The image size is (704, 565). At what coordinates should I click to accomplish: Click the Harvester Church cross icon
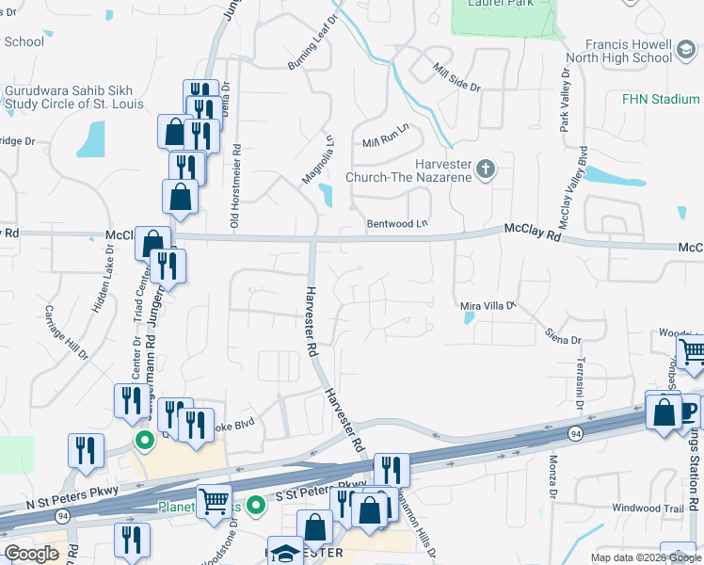coord(486,169)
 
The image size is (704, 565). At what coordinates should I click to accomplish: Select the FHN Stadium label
coord(661,99)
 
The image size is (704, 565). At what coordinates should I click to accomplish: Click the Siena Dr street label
coord(564,335)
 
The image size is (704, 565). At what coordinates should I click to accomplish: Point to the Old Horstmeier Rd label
coord(236,186)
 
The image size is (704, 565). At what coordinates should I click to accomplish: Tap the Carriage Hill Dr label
coord(65,331)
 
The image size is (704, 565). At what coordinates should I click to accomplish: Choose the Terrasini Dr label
coord(580,387)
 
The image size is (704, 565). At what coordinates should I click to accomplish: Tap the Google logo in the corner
coord(32,554)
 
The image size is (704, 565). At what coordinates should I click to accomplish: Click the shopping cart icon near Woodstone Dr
coord(215,501)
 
